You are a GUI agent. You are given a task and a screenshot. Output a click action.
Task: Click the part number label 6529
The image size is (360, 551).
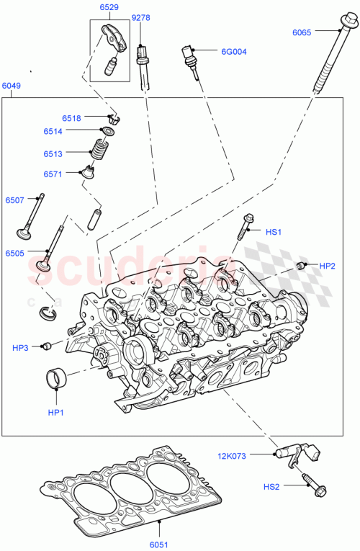tap(109, 7)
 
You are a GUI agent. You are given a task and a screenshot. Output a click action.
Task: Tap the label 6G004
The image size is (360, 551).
tap(233, 51)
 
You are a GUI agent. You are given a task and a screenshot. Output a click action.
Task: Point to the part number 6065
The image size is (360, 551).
tap(303, 32)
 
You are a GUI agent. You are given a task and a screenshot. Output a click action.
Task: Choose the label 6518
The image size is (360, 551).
tap(71, 117)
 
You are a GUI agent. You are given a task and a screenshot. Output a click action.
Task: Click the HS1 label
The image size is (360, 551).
tap(274, 232)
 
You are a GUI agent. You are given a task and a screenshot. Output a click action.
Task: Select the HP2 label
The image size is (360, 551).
tap(327, 266)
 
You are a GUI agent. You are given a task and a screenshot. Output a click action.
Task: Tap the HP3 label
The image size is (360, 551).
tap(20, 348)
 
